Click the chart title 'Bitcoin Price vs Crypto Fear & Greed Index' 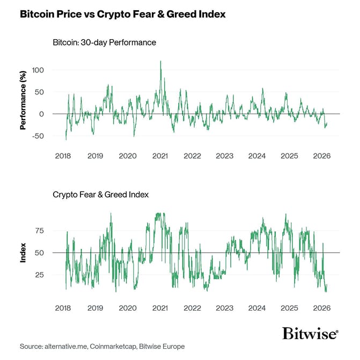[122, 15]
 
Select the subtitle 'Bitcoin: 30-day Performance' [104, 42]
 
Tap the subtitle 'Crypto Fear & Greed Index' [100, 194]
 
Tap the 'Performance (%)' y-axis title [23, 103]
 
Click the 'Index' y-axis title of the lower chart [23, 253]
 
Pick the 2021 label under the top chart [160, 156]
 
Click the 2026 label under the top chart [322, 156]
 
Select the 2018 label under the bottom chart [63, 308]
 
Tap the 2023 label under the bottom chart [225, 308]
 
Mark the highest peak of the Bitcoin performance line [161, 61]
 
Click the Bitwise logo [310, 333]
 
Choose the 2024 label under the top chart [257, 156]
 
